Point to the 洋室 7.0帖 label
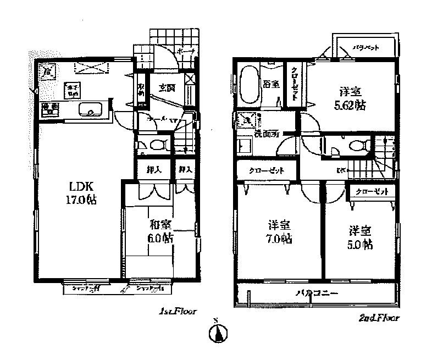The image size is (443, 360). coord(279,232)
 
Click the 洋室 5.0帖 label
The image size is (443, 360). coord(359,237)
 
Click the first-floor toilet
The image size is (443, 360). coord(156,146)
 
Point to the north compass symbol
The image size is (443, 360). coord(218,333)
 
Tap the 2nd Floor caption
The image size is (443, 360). coord(379,317)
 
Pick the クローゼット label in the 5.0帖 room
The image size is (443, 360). coord(372,192)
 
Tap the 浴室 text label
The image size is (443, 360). coord(270,84)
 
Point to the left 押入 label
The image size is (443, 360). coord(153,170)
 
